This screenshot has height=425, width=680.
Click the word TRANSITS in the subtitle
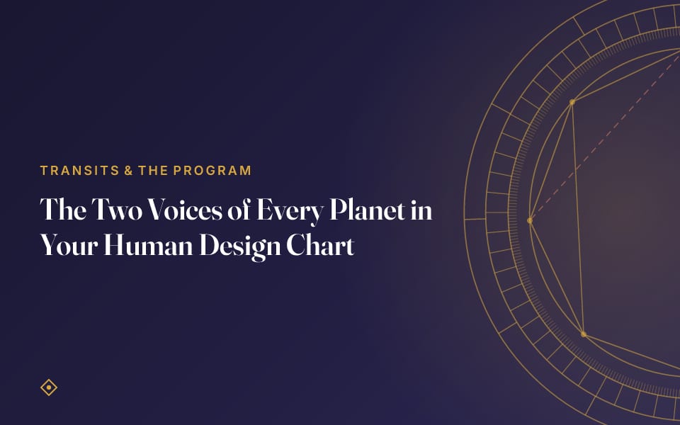(80, 171)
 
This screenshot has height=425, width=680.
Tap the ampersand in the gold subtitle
(128, 171)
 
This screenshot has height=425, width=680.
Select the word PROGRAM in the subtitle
(212, 171)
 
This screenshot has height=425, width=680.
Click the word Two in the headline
(117, 210)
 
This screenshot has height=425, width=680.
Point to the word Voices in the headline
(185, 210)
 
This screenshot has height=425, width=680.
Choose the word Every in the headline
(290, 212)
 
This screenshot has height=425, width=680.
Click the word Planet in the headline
(368, 210)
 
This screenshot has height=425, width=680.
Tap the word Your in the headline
(69, 245)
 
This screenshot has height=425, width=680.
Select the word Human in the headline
(148, 245)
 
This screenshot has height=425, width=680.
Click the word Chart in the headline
(320, 245)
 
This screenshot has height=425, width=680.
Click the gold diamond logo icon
(49, 387)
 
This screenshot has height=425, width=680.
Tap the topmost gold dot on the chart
(572, 102)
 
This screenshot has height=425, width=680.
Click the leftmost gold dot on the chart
(530, 221)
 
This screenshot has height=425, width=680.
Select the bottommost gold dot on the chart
(583, 334)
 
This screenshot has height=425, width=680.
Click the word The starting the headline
(63, 210)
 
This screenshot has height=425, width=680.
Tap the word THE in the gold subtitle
(153, 171)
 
